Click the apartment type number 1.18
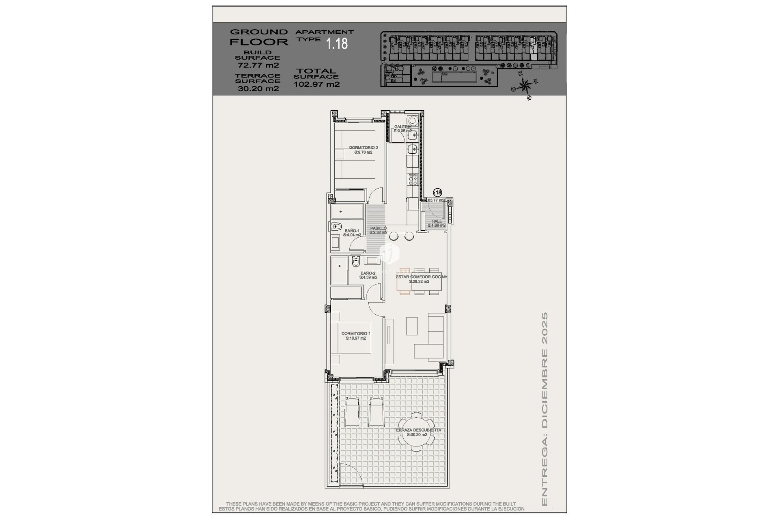tap(337, 44)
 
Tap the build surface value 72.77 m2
tap(258, 65)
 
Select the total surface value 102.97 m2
tap(316, 85)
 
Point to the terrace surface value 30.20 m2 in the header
tap(258, 89)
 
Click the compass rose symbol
tap(525, 86)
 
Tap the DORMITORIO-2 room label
tap(364, 150)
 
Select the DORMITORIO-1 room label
tap(356, 336)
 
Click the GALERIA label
tap(402, 129)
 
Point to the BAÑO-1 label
tap(352, 232)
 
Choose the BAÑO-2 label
tap(368, 275)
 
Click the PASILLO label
tap(378, 230)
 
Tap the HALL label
tap(437, 223)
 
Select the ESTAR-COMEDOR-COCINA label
tap(421, 279)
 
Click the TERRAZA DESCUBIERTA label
tap(418, 432)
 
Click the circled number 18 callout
tap(438, 193)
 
